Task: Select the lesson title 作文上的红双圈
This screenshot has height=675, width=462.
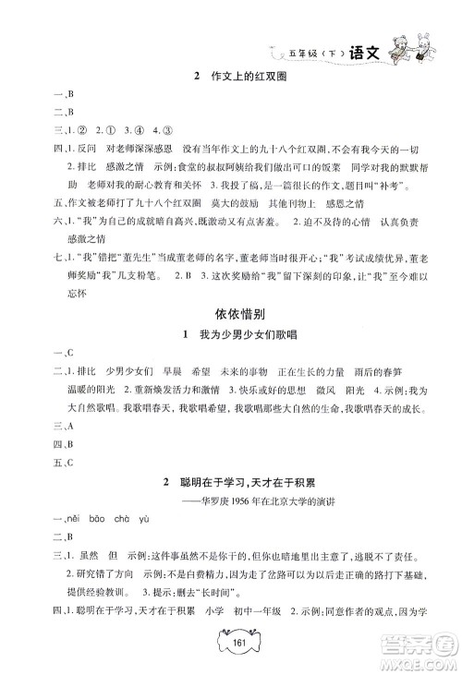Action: (237, 77)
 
